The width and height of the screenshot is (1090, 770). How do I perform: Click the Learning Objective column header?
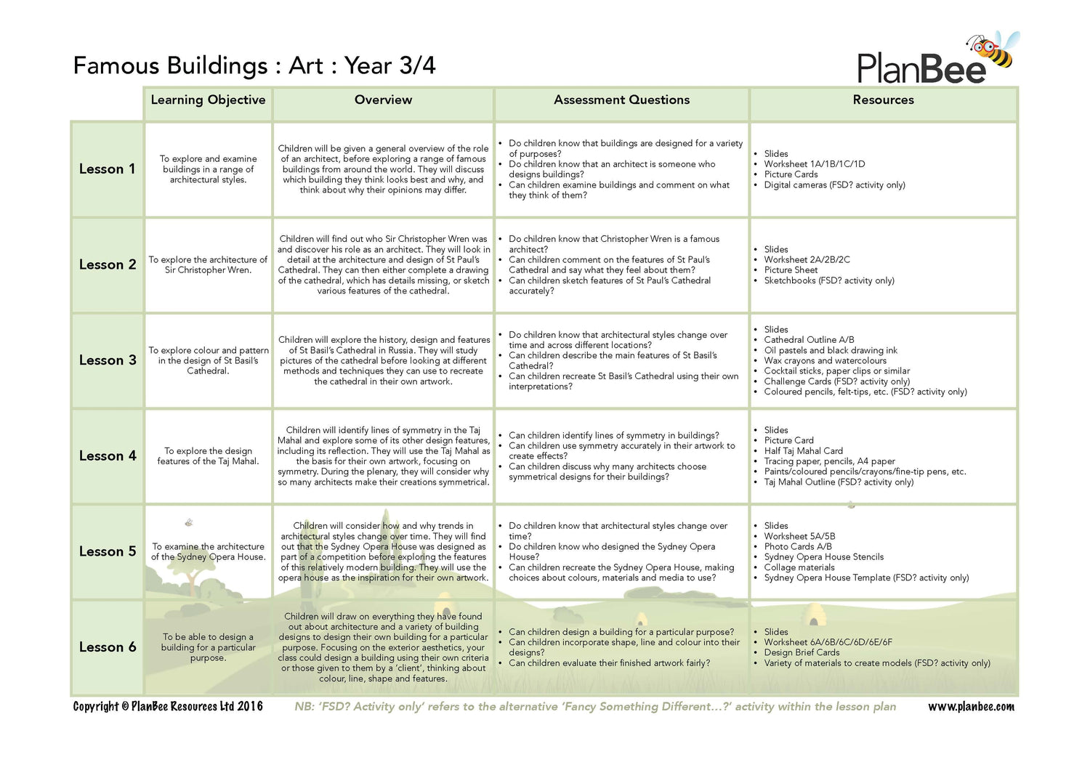point(208,100)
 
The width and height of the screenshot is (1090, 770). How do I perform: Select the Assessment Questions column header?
point(621,100)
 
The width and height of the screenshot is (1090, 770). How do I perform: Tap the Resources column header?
point(883,100)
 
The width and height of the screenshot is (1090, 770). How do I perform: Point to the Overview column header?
point(383,100)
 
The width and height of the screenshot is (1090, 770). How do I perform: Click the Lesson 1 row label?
point(107,169)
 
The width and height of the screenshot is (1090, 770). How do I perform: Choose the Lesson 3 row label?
point(108,360)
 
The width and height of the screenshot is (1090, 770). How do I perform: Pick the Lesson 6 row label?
point(108,647)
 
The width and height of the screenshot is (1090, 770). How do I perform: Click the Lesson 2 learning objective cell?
point(208,265)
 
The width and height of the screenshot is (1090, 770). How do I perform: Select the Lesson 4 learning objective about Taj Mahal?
point(208,456)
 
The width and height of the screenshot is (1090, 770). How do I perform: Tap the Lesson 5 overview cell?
point(383,552)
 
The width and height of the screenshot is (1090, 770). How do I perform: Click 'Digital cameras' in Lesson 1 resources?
point(834,185)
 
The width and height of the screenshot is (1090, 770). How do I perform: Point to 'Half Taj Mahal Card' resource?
point(803,451)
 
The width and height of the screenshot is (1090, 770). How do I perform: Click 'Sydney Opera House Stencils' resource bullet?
point(823,557)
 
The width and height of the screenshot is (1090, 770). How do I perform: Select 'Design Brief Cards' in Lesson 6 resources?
point(802,652)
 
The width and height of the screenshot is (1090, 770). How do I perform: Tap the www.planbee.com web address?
point(971,707)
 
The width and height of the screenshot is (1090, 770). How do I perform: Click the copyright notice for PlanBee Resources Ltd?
point(168,707)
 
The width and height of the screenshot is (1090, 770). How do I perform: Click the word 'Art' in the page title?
point(306,66)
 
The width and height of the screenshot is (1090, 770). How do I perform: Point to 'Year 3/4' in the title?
point(389,66)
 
